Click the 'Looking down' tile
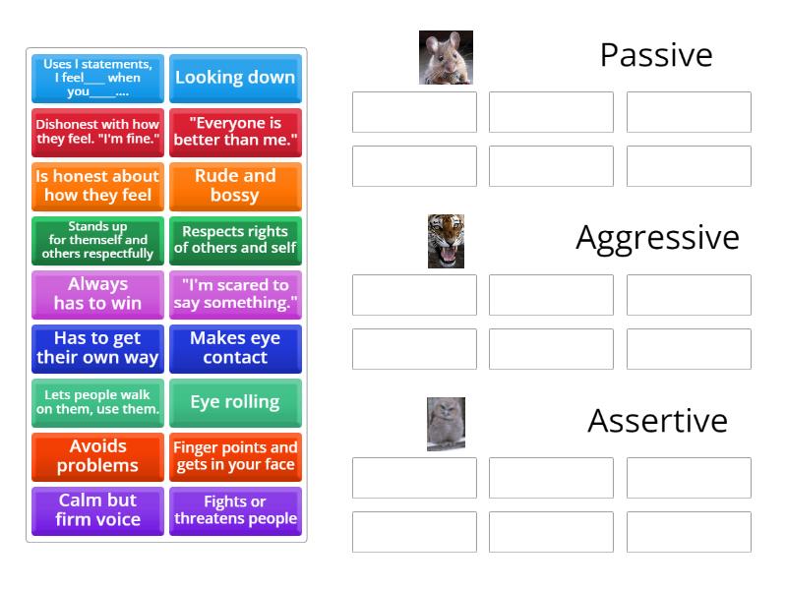(235, 78)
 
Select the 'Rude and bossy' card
(235, 186)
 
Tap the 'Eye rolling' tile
(235, 402)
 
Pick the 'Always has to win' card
(97, 294)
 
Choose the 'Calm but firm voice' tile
(97, 510)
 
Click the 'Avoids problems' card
(97, 456)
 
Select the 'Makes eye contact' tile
(235, 348)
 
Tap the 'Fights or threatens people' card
(235, 510)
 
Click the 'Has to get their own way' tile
(97, 348)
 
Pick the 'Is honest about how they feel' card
(97, 186)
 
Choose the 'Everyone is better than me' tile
(235, 132)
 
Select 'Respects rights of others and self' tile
(235, 240)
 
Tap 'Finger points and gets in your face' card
(235, 456)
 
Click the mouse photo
(446, 57)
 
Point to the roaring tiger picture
(446, 241)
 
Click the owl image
(446, 424)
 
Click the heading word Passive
(656, 55)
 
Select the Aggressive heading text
(657, 238)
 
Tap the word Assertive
(657, 421)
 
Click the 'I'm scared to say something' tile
(235, 294)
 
